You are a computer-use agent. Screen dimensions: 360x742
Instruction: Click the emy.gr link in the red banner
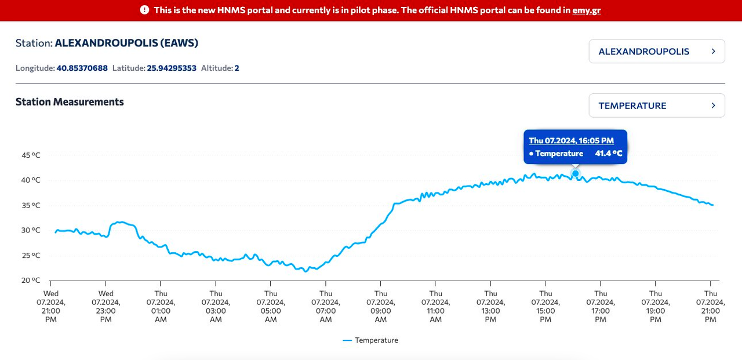click(586, 10)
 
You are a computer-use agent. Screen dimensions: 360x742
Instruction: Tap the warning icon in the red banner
click(145, 10)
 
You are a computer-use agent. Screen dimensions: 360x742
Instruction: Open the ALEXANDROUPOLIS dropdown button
click(657, 51)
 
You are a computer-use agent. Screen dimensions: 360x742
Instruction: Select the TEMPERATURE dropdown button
click(657, 106)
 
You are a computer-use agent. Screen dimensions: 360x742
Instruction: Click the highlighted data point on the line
click(576, 173)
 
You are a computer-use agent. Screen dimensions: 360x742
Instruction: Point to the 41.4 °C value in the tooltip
click(608, 154)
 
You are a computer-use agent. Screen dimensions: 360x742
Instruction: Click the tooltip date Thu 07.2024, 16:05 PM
click(571, 141)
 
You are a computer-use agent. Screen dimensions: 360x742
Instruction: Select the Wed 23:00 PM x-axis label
click(106, 306)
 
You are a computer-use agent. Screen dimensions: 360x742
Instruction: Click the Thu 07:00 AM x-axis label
click(325, 306)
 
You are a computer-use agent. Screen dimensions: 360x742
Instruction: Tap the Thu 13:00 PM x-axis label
click(490, 306)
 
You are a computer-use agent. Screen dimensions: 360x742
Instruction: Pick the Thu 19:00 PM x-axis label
click(655, 306)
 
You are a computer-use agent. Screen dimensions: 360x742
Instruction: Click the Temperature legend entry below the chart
click(371, 340)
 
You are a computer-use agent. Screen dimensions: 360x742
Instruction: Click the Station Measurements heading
click(70, 102)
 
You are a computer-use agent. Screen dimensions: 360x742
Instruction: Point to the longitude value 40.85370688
click(82, 68)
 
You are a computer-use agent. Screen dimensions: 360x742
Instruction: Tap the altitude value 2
click(237, 68)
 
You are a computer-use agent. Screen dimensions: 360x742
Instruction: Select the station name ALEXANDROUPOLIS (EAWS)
click(126, 43)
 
